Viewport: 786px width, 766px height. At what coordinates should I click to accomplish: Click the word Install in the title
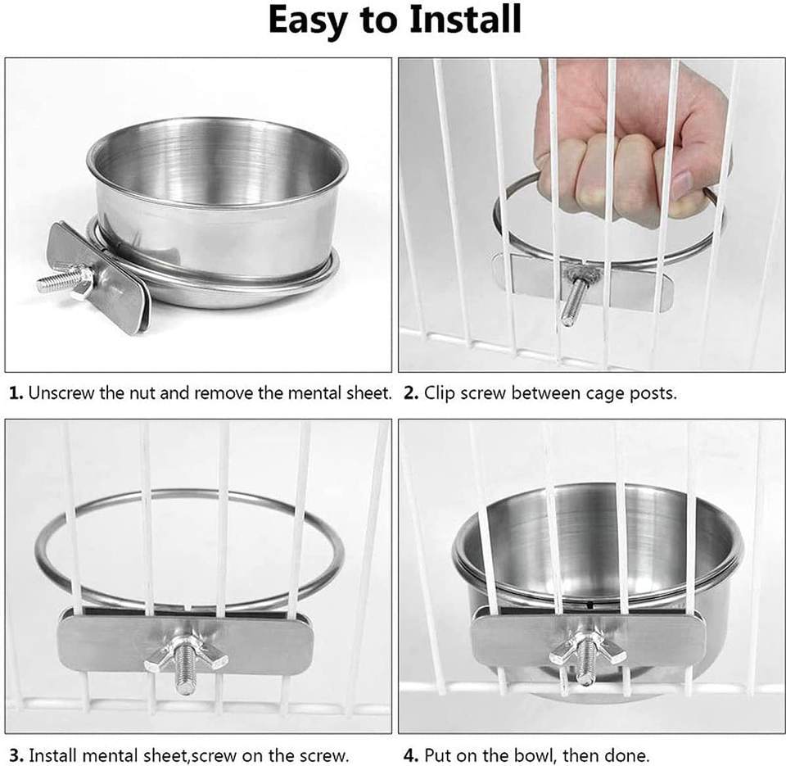click(465, 20)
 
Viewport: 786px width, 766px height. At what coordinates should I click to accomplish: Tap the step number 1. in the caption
click(16, 393)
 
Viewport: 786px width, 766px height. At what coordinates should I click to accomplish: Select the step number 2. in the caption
click(411, 393)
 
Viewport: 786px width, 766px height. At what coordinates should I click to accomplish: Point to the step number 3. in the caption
click(16, 755)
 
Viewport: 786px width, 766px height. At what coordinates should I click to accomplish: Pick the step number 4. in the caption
click(411, 755)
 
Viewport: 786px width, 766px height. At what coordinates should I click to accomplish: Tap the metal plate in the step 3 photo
click(185, 642)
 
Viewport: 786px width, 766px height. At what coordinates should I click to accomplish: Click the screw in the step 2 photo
click(575, 296)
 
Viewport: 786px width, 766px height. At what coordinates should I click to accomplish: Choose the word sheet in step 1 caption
click(369, 393)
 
